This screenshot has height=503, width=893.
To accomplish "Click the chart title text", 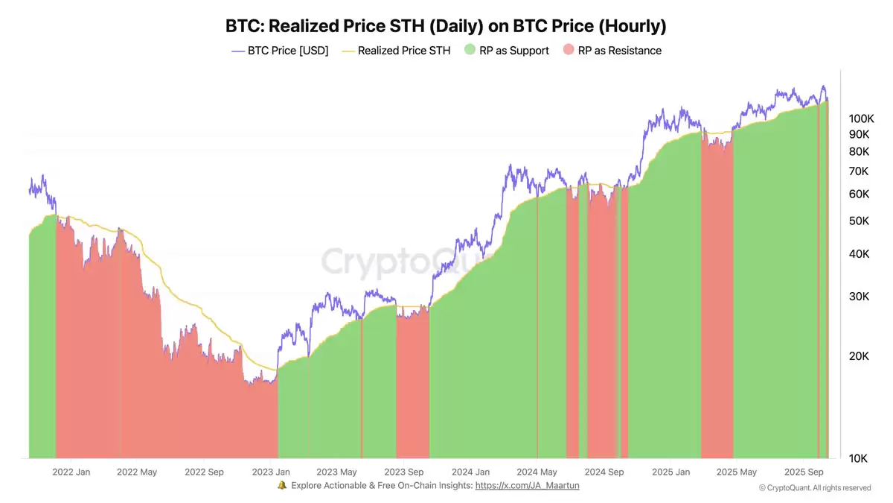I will (446, 26).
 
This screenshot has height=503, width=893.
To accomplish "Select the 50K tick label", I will (862, 221).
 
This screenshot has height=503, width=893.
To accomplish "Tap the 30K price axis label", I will (862, 297).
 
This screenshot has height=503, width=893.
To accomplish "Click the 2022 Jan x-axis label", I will (72, 472).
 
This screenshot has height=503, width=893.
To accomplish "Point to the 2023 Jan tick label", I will (272, 472).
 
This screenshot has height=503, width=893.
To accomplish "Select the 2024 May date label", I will (537, 472).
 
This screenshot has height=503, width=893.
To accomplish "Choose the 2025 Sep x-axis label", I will (804, 472).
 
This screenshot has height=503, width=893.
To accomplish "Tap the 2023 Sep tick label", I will (404, 472).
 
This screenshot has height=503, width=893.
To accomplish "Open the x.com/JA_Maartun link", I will (527, 485).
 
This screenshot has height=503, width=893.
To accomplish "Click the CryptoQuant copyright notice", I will (815, 487).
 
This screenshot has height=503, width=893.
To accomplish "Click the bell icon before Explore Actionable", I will (282, 485).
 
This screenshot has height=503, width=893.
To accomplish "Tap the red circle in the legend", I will (569, 51).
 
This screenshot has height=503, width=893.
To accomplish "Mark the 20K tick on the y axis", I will (862, 356).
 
